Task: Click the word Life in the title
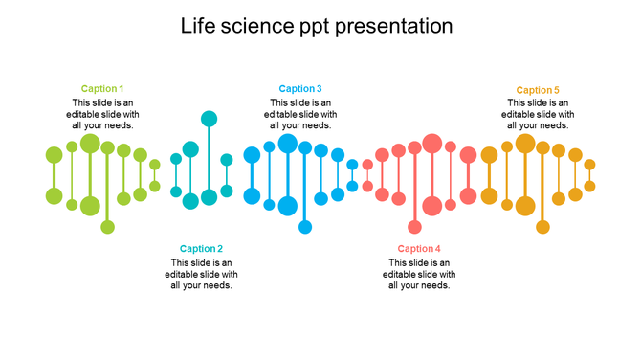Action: (x=196, y=26)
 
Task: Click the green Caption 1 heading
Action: (x=102, y=89)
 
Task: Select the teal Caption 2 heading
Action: (x=201, y=249)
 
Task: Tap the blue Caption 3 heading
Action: (x=300, y=89)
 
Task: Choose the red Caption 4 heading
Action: (x=419, y=249)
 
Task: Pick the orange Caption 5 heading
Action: (x=538, y=90)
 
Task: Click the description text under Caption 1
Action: (x=102, y=114)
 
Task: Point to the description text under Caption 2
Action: (x=201, y=274)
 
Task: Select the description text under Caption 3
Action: (x=300, y=114)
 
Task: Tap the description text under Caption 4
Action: (x=419, y=274)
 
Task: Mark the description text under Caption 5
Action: (x=538, y=114)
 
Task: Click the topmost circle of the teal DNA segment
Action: (x=209, y=119)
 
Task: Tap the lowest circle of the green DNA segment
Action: (x=107, y=227)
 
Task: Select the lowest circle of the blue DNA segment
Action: (x=305, y=227)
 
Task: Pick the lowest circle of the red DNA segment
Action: (x=414, y=227)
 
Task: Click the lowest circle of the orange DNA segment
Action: (x=542, y=227)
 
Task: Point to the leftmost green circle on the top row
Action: (x=54, y=154)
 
